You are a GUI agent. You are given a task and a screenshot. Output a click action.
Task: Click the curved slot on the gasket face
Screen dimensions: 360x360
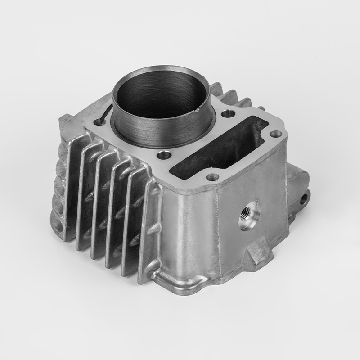[104, 115]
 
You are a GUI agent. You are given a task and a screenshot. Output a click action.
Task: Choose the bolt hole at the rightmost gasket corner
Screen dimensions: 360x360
[276, 134]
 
